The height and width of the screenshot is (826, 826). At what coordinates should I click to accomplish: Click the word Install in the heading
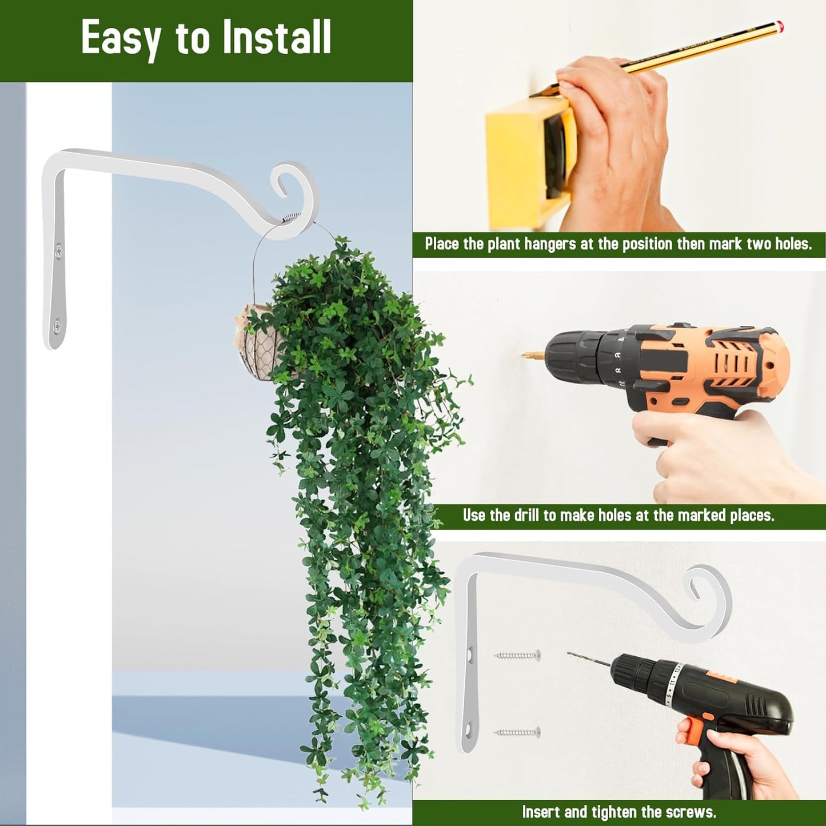(277, 38)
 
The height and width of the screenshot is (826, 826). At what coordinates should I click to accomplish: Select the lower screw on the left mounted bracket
(57, 326)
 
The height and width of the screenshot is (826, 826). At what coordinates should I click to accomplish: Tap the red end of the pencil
(780, 26)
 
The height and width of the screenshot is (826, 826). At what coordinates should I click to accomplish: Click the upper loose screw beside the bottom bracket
(517, 656)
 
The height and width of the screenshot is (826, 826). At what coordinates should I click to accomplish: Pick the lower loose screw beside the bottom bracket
(517, 732)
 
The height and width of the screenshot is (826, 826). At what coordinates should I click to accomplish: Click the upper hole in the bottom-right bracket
(470, 652)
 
